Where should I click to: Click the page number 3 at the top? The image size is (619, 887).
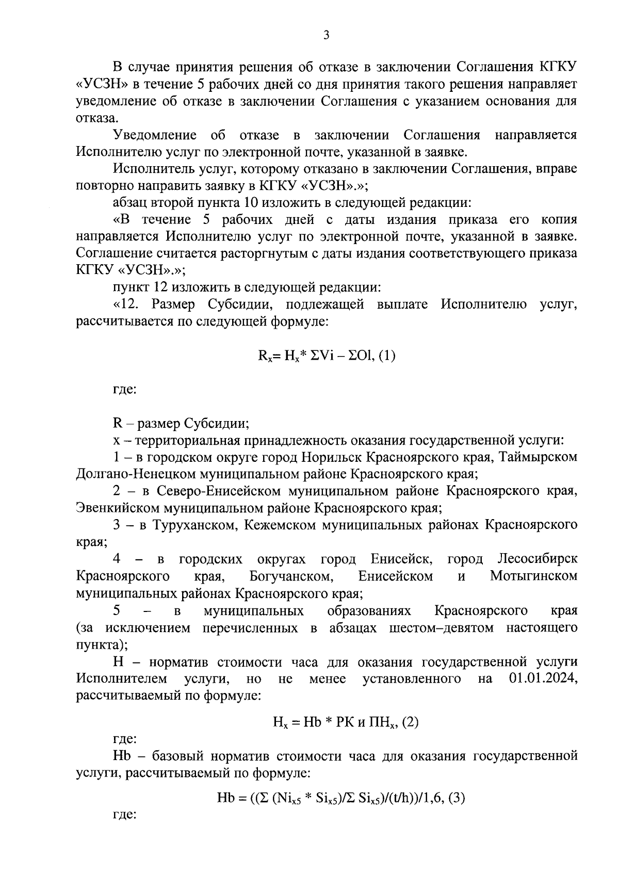click(x=325, y=35)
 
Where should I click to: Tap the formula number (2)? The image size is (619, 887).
click(x=410, y=722)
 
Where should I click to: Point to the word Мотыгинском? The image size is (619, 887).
click(x=533, y=576)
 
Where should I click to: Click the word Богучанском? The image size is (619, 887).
click(x=289, y=576)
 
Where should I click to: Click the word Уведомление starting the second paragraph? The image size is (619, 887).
click(x=155, y=136)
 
